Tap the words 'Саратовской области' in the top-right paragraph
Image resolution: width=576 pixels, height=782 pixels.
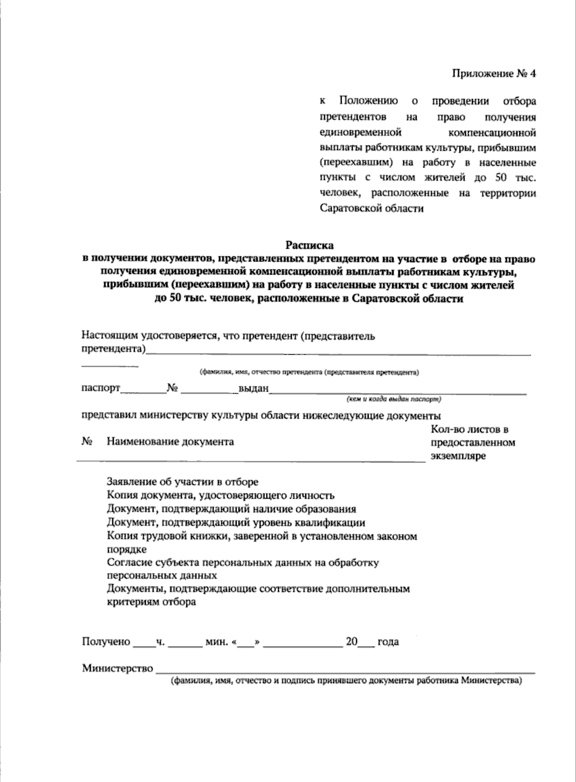click(x=372, y=209)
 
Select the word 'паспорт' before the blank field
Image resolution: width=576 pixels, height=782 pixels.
click(x=101, y=388)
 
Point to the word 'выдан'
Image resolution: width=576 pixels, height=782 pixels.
click(x=254, y=388)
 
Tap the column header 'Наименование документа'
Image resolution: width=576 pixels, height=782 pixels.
click(x=170, y=442)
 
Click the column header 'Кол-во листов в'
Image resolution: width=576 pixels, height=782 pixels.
click(x=469, y=429)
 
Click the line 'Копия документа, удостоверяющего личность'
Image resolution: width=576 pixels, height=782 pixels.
click(x=220, y=495)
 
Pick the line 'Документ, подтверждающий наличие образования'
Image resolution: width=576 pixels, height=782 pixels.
click(x=231, y=509)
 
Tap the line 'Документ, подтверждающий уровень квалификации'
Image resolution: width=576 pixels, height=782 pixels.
click(x=236, y=523)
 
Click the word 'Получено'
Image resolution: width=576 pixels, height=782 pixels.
click(x=106, y=642)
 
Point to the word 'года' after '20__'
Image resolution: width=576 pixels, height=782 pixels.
click(x=388, y=642)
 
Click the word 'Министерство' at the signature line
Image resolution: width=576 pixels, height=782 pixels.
click(x=118, y=668)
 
